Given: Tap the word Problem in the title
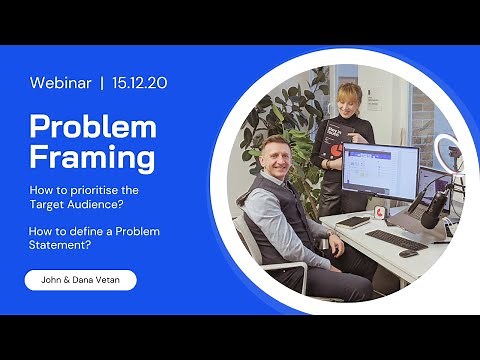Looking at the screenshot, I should pyautogui.click(x=93, y=127).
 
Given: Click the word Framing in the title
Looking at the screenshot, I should pyautogui.click(x=92, y=157).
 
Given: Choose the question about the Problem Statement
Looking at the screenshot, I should pyautogui.click(x=94, y=237).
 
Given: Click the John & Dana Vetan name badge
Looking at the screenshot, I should pyautogui.click(x=80, y=281).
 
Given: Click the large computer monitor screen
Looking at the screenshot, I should pyautogui.click(x=379, y=172).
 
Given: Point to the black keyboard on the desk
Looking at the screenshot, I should pyautogui.click(x=395, y=240).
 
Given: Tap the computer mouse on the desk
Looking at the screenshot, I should pyautogui.click(x=407, y=253).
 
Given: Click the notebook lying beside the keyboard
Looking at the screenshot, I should pyautogui.click(x=355, y=222).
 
